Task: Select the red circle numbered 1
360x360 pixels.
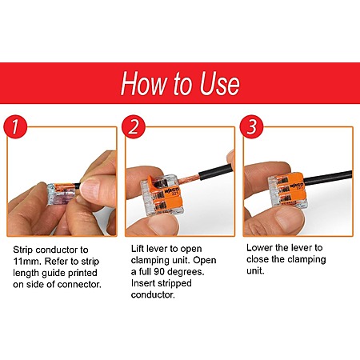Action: click(15, 126)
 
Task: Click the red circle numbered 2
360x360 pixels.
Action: click(134, 126)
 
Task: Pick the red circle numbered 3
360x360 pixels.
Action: click(251, 126)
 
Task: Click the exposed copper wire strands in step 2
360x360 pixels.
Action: click(189, 179)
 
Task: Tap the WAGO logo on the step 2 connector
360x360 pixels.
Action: click(172, 190)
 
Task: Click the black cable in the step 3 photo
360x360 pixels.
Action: click(327, 178)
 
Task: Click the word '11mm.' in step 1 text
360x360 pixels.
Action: click(27, 262)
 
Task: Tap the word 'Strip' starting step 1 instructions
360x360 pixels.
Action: click(22, 250)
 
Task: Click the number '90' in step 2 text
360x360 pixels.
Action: click(159, 272)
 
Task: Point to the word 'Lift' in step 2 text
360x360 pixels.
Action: click(138, 249)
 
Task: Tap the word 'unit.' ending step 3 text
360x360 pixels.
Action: click(255, 271)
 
